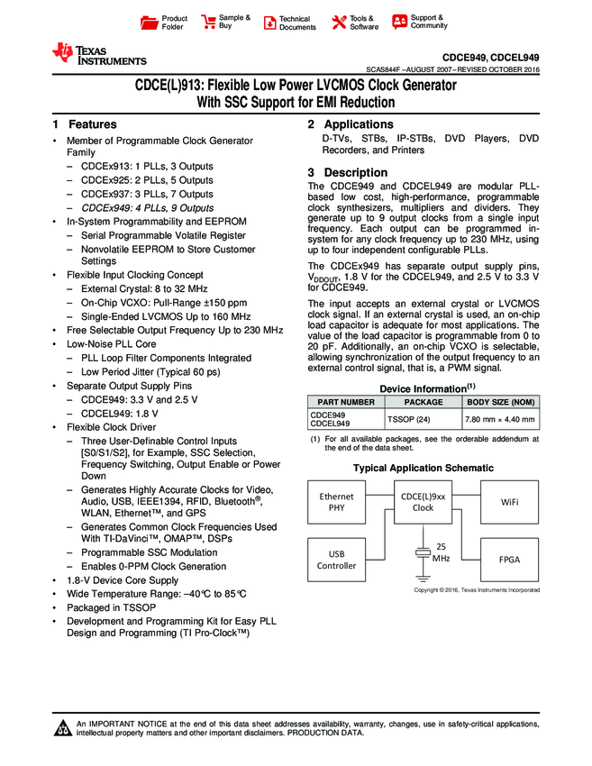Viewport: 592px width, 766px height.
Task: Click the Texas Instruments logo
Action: click(99, 54)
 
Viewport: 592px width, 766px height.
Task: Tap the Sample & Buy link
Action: click(226, 22)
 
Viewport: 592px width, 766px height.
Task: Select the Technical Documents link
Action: click(289, 23)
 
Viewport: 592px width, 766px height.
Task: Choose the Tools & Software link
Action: click(355, 23)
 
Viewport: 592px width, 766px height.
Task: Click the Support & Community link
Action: click(419, 22)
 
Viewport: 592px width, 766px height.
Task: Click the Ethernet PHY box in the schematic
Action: click(337, 501)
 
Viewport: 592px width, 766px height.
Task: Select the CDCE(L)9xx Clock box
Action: click(423, 501)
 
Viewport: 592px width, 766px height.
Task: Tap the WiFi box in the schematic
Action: click(509, 501)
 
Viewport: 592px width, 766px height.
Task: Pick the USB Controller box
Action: click(337, 559)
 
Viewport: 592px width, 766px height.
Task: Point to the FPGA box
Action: click(509, 559)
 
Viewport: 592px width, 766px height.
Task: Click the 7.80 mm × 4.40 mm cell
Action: click(499, 419)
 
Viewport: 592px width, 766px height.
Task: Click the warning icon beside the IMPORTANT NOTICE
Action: click(63, 728)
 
